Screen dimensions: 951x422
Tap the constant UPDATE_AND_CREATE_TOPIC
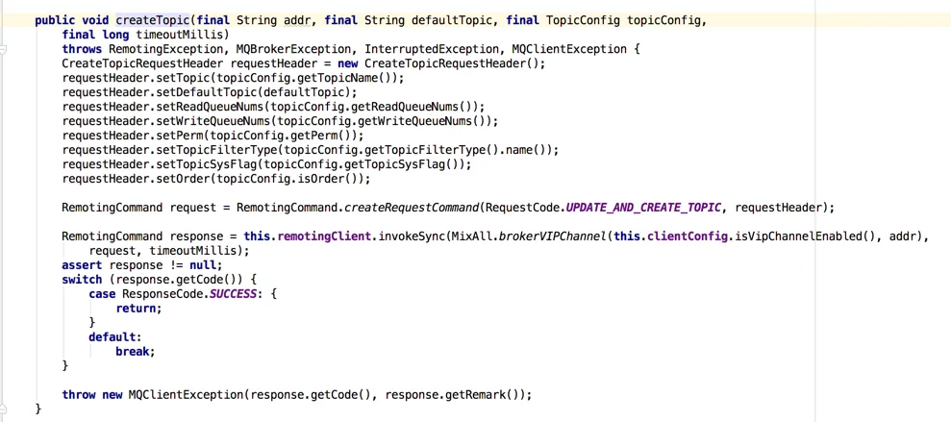pos(643,208)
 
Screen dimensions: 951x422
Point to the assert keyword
pos(82,265)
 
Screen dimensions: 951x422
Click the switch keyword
pos(82,280)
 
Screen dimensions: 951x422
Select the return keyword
pos(138,309)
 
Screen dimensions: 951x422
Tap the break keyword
pos(134,352)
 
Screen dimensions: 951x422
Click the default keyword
pos(113,337)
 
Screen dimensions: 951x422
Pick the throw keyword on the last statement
pos(79,395)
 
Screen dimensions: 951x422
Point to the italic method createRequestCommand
pos(412,208)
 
